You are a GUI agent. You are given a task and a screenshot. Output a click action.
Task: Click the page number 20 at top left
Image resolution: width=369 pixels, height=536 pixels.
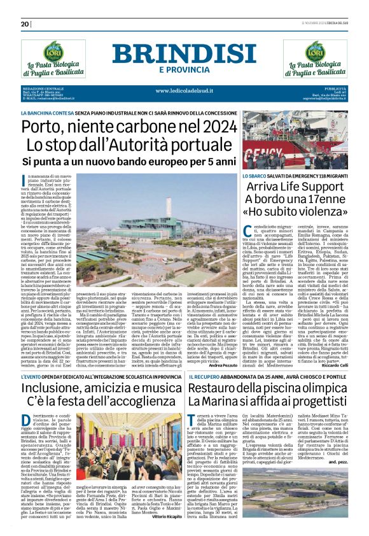(25, 24)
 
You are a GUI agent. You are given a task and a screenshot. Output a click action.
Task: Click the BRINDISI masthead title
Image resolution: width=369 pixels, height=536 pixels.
(184, 53)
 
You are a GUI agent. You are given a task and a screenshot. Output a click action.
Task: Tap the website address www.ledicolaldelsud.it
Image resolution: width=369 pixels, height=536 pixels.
(184, 90)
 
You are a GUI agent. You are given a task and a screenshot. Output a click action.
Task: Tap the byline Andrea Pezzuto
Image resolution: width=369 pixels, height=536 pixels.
(221, 348)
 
